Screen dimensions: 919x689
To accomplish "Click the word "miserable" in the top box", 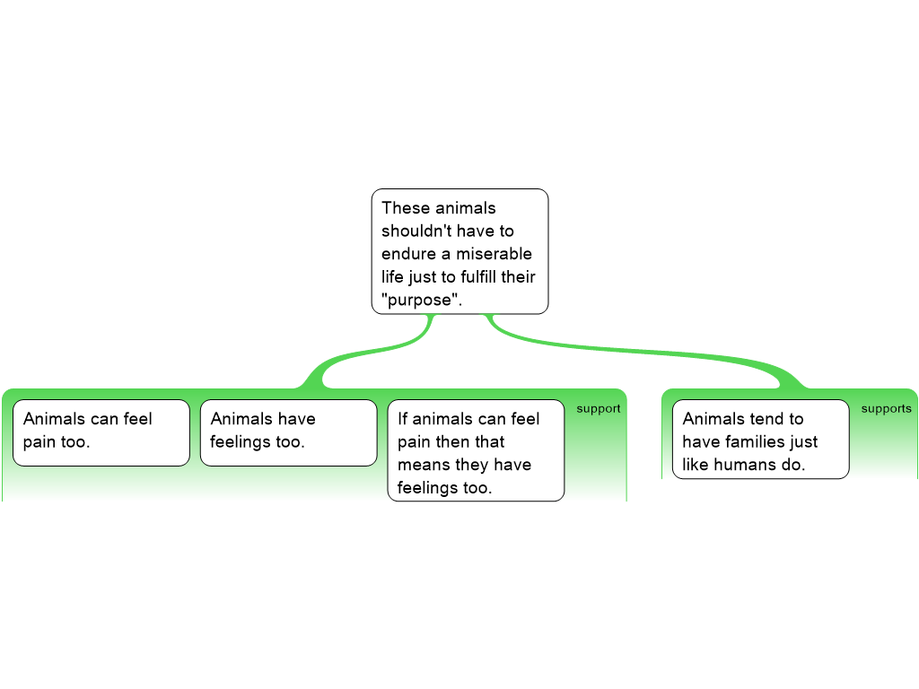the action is tap(494, 254).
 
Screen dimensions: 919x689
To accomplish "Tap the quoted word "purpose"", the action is tap(420, 300).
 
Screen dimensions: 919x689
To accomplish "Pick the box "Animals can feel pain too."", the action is tap(101, 433).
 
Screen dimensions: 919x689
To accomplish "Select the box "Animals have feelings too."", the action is tap(288, 433).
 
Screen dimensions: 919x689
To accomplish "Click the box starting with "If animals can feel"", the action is tap(476, 450).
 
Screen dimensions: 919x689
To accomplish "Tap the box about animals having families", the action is tap(761, 439).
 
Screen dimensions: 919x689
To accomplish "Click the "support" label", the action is tap(599, 409).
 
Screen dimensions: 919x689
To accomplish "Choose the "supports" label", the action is tap(886, 408).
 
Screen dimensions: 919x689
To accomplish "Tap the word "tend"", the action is tap(766, 419).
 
